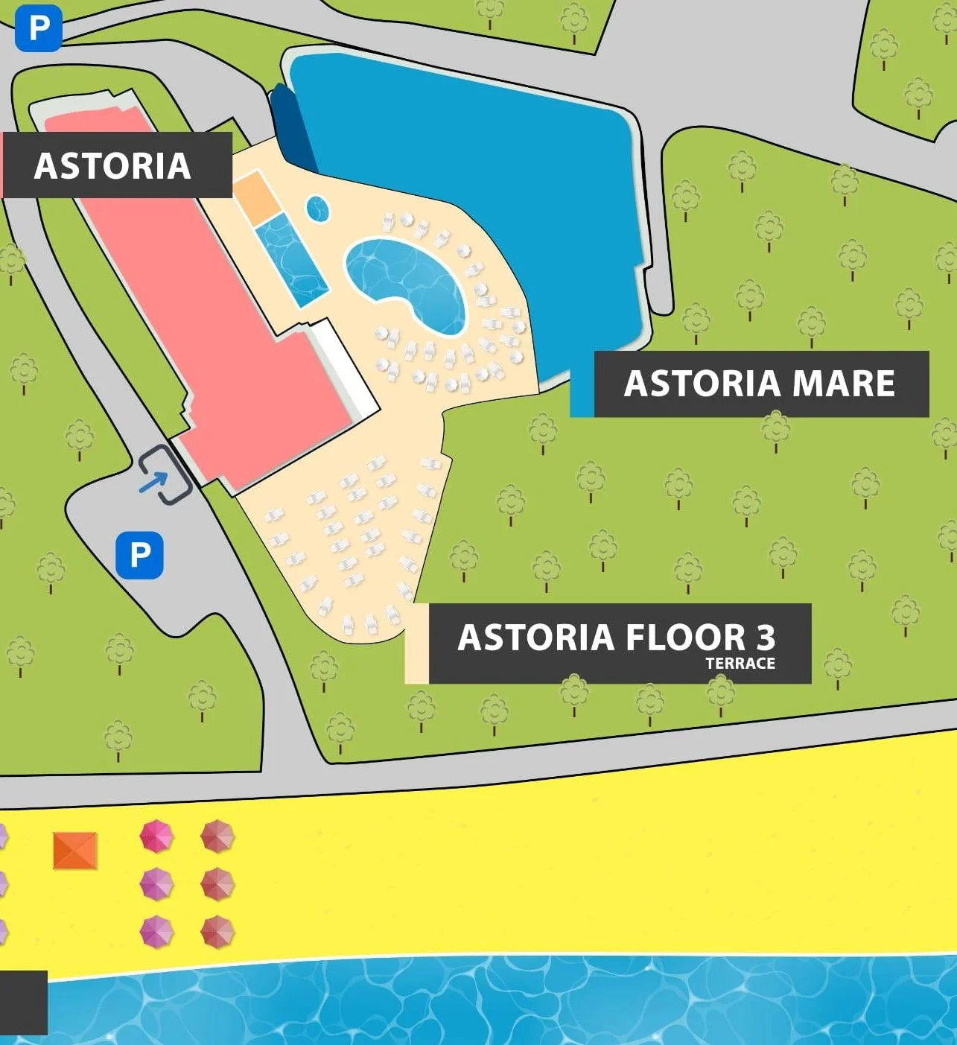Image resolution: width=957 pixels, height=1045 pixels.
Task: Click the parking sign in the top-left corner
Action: pyautogui.click(x=38, y=29)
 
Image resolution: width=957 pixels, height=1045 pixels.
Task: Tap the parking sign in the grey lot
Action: pyautogui.click(x=139, y=555)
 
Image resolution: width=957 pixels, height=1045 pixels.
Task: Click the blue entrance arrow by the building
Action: pyautogui.click(x=153, y=482)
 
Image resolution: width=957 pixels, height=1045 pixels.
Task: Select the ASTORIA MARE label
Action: pyautogui.click(x=760, y=384)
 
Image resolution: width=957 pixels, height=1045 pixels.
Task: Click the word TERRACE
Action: pyautogui.click(x=740, y=663)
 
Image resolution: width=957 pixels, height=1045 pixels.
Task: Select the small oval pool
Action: pyautogui.click(x=318, y=209)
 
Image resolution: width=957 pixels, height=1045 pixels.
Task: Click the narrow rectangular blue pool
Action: pyautogui.click(x=292, y=259)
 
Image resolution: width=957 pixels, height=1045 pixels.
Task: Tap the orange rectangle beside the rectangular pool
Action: pyautogui.click(x=256, y=196)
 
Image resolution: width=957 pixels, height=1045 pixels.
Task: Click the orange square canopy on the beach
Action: pyautogui.click(x=75, y=851)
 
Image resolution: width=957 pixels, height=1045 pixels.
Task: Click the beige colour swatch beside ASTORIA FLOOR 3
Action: pyautogui.click(x=416, y=644)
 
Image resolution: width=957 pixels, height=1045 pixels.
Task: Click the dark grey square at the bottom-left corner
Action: pyautogui.click(x=23, y=1003)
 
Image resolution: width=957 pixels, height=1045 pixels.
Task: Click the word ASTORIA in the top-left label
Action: pyautogui.click(x=112, y=165)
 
